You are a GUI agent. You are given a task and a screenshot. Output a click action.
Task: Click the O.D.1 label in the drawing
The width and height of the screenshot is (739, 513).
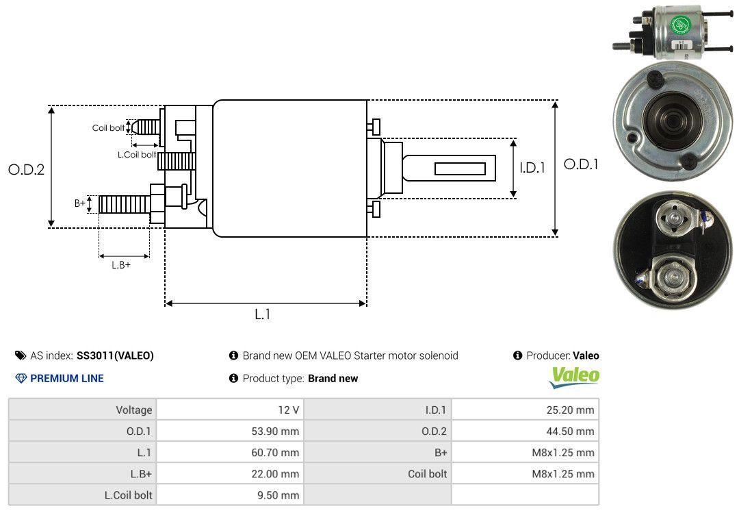point(580,164)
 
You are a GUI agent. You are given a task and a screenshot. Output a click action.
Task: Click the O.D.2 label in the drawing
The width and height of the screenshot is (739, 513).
point(26,170)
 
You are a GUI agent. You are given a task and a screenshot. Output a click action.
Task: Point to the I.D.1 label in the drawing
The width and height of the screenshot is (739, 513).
point(532,167)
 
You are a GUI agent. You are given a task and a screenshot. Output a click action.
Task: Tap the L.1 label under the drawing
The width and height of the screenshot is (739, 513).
point(263,314)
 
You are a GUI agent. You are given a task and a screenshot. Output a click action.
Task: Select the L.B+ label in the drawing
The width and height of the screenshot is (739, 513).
point(121,265)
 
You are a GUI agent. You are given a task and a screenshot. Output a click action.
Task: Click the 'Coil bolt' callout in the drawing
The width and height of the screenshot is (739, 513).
point(108,128)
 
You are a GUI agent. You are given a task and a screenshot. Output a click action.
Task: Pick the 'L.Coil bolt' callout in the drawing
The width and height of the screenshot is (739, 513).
point(137,155)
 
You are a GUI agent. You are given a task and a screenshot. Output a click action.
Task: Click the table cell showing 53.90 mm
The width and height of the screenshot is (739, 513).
point(230,431)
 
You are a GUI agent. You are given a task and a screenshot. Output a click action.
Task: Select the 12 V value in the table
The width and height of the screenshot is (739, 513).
point(230,410)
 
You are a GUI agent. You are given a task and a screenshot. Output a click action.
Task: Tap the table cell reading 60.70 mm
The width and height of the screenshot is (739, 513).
point(230,452)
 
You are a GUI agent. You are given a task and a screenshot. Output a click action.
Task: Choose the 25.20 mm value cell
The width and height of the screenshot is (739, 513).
point(525,410)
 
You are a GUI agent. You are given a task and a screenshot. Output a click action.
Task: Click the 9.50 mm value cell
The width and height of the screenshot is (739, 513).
point(230,495)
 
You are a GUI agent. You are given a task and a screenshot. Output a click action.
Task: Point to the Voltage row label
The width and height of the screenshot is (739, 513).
point(83,410)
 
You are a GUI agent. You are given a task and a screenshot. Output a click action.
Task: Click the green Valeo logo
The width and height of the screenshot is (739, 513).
point(575,376)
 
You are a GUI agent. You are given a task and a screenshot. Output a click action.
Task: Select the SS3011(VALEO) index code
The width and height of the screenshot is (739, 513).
point(115,355)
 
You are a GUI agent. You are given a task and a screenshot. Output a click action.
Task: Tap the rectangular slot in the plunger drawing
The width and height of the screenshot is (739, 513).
point(460,168)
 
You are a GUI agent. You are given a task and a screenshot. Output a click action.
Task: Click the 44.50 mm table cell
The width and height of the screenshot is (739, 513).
point(525,431)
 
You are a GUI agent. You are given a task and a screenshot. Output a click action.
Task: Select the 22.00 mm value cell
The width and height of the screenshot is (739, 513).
point(230,473)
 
